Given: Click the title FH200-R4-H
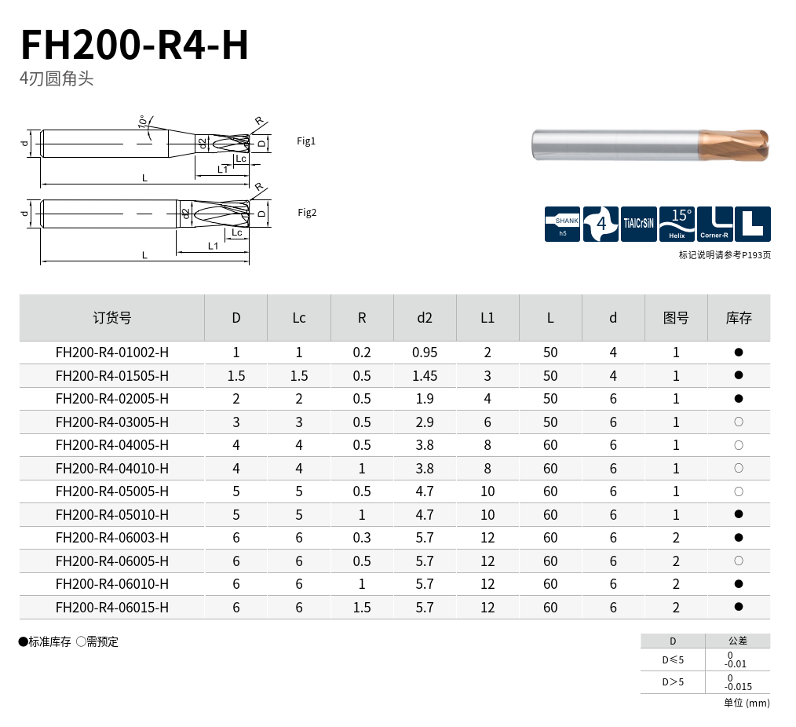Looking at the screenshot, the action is (x=134, y=45).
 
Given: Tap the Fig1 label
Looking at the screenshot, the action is (x=306, y=141).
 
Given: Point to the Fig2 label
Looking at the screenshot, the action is (x=307, y=213).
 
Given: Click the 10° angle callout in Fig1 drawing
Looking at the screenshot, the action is (x=144, y=122).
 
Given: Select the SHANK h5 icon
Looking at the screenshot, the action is (x=563, y=224).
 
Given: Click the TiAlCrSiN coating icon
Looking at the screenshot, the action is (x=639, y=224).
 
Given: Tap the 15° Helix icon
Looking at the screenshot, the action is (x=677, y=224).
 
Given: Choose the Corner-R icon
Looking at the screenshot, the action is (x=715, y=224).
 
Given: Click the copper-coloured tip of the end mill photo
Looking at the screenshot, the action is (x=734, y=145).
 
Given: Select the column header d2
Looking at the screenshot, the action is (x=425, y=318).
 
